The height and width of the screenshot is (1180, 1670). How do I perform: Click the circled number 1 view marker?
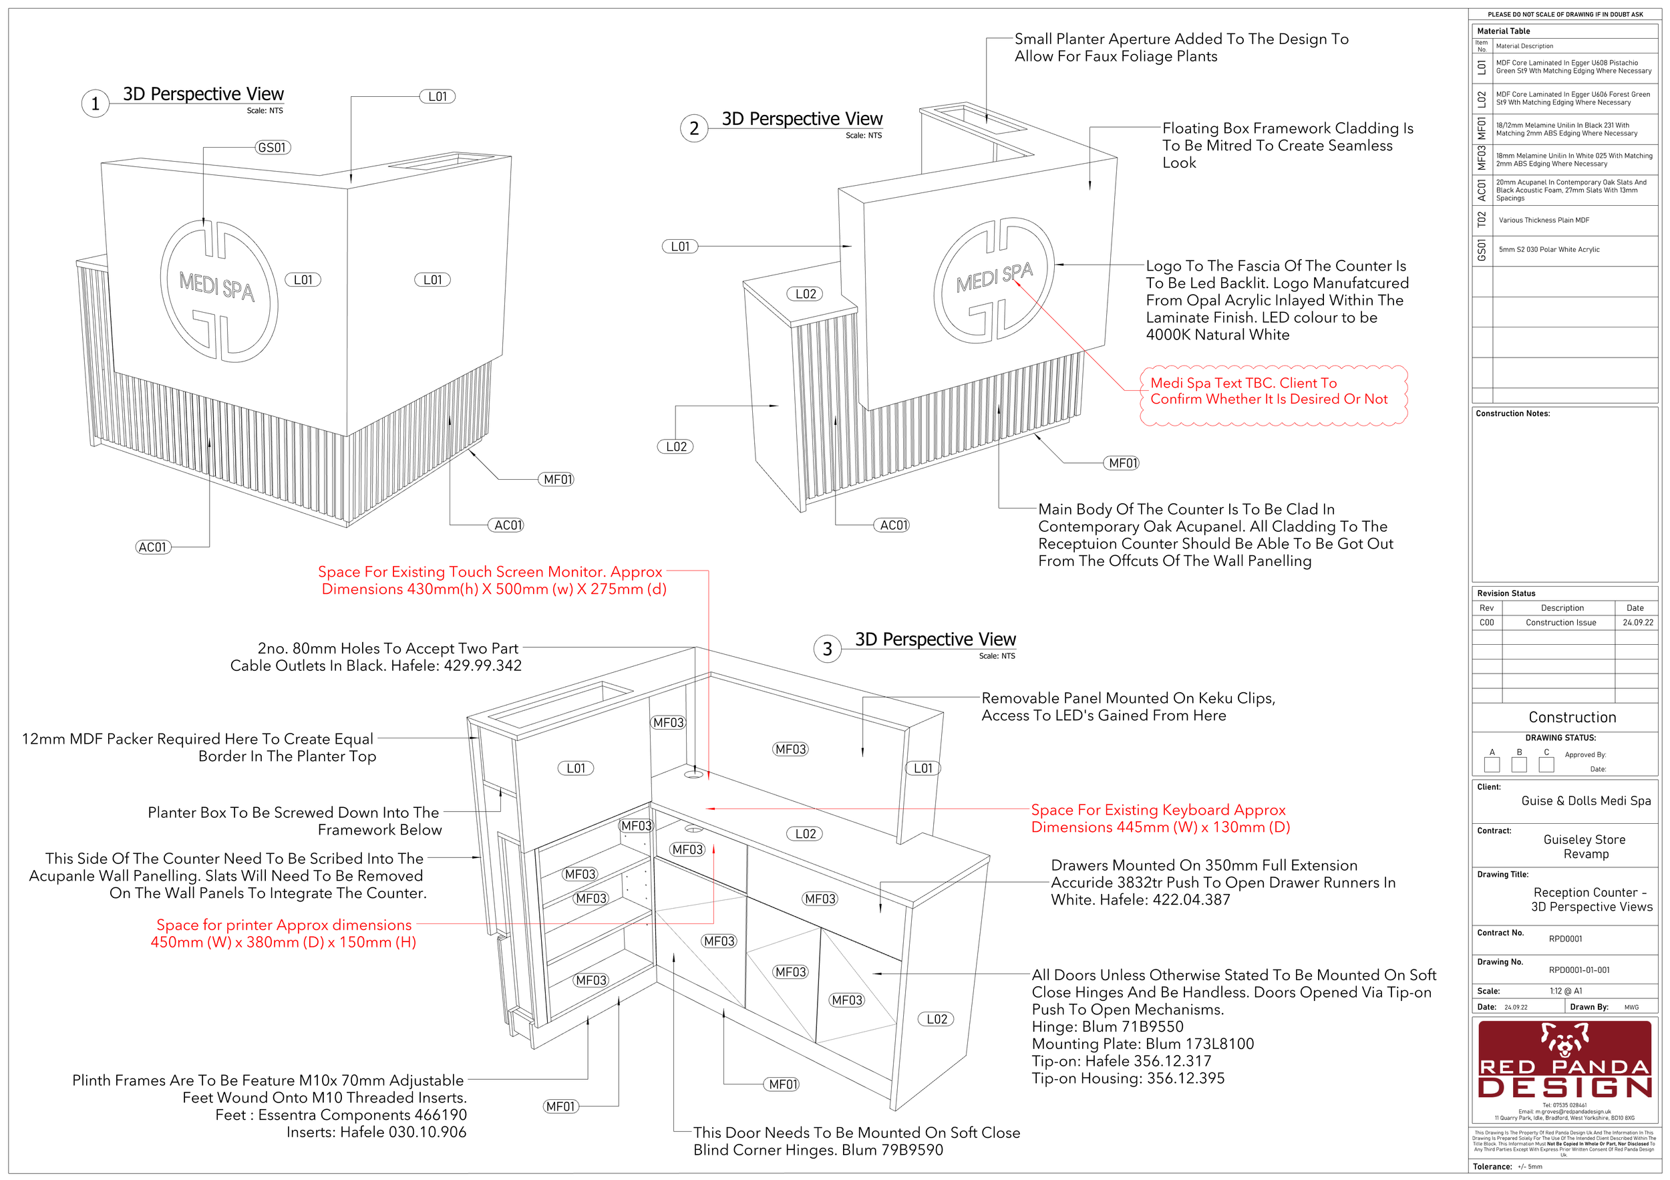(x=96, y=104)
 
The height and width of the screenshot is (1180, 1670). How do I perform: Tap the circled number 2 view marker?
(x=694, y=129)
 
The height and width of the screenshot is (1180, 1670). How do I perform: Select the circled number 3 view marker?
(x=827, y=649)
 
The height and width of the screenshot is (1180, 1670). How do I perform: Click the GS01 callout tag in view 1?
(x=273, y=148)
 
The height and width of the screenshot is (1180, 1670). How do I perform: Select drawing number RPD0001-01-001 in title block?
(x=1578, y=970)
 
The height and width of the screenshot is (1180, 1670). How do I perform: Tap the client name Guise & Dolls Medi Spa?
(x=1586, y=801)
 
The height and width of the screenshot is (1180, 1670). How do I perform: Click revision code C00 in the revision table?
(x=1487, y=623)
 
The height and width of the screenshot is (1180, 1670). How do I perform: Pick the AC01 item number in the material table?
(x=1482, y=190)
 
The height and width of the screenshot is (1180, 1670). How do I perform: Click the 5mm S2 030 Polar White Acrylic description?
(x=1548, y=249)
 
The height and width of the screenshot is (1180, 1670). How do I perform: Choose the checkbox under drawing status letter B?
(x=1519, y=764)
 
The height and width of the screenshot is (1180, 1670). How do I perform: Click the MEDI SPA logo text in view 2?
(x=993, y=277)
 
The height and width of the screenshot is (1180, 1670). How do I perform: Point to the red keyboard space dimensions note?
(x=1160, y=819)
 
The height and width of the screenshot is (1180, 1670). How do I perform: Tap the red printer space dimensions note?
(x=284, y=933)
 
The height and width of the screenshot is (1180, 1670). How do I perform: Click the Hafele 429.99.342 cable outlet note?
(x=375, y=657)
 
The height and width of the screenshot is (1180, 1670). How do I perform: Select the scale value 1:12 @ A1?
(x=1566, y=991)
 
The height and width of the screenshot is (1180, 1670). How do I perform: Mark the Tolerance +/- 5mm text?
(x=1507, y=1166)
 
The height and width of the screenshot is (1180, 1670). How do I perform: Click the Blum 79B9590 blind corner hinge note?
(x=856, y=1141)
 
